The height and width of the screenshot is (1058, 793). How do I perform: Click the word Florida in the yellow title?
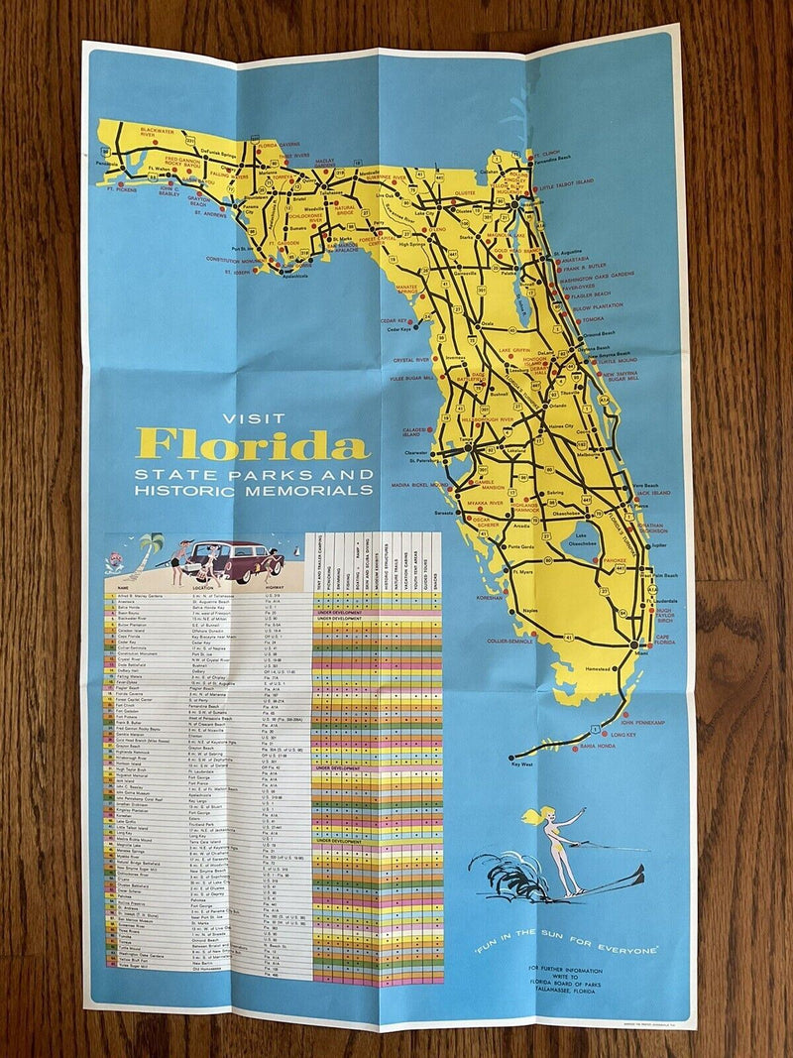tap(254, 443)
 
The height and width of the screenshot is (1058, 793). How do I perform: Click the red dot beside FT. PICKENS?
tap(121, 183)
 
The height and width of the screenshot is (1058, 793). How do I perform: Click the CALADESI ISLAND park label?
tap(413, 432)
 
